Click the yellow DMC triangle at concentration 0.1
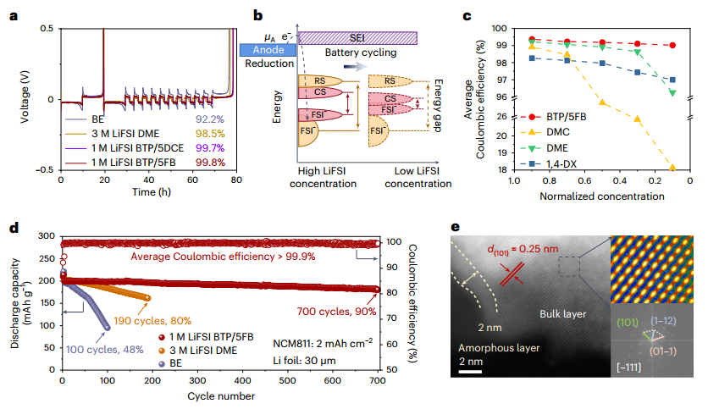coord(672,169)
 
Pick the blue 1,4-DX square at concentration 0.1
coord(672,80)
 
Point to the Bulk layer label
coord(563,315)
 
